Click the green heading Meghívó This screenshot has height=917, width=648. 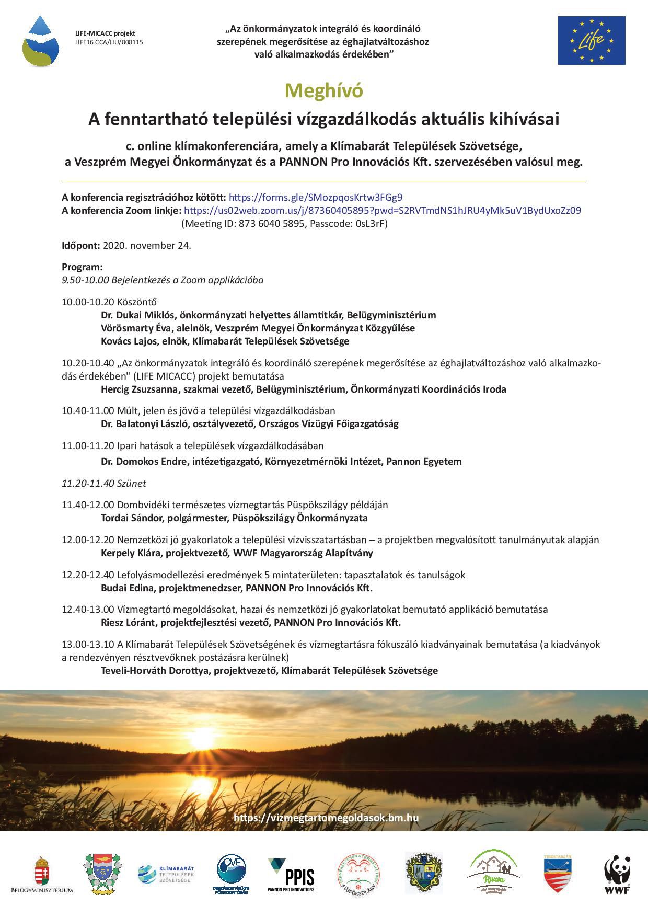[323, 91]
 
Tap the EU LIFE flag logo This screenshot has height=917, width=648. [591, 40]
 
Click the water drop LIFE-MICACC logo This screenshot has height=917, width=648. [40, 41]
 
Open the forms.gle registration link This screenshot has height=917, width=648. [316, 198]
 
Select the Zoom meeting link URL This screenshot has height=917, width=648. [383, 211]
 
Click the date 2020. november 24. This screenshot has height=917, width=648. [147, 245]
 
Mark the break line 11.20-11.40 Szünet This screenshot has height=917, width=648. [104, 484]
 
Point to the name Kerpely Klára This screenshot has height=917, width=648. [131, 553]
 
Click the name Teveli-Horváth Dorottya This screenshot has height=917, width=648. [154, 671]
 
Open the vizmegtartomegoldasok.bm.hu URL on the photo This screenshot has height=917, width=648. [326, 818]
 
